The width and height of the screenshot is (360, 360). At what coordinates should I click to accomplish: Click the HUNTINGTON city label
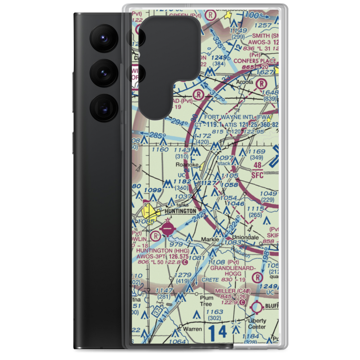pyautogui.click(x=181, y=211)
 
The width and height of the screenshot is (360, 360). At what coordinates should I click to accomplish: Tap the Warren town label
pyautogui.click(x=192, y=329)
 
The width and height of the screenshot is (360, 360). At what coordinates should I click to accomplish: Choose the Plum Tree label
pyautogui.click(x=207, y=301)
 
